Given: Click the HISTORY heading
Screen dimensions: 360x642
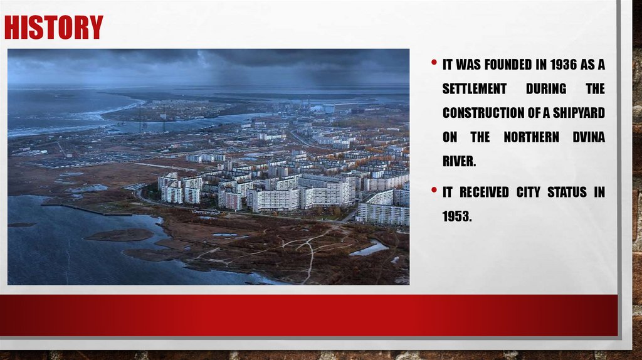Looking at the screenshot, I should point(53,28).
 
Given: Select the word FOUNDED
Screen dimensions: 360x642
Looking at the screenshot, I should point(501,65).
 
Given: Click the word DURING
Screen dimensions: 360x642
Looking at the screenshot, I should point(545,89).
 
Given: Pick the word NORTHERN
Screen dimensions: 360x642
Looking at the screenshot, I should point(531,137).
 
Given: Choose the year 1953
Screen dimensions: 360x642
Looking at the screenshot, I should point(457,217).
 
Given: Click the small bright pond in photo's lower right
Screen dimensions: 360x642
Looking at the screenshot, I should point(369,249).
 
